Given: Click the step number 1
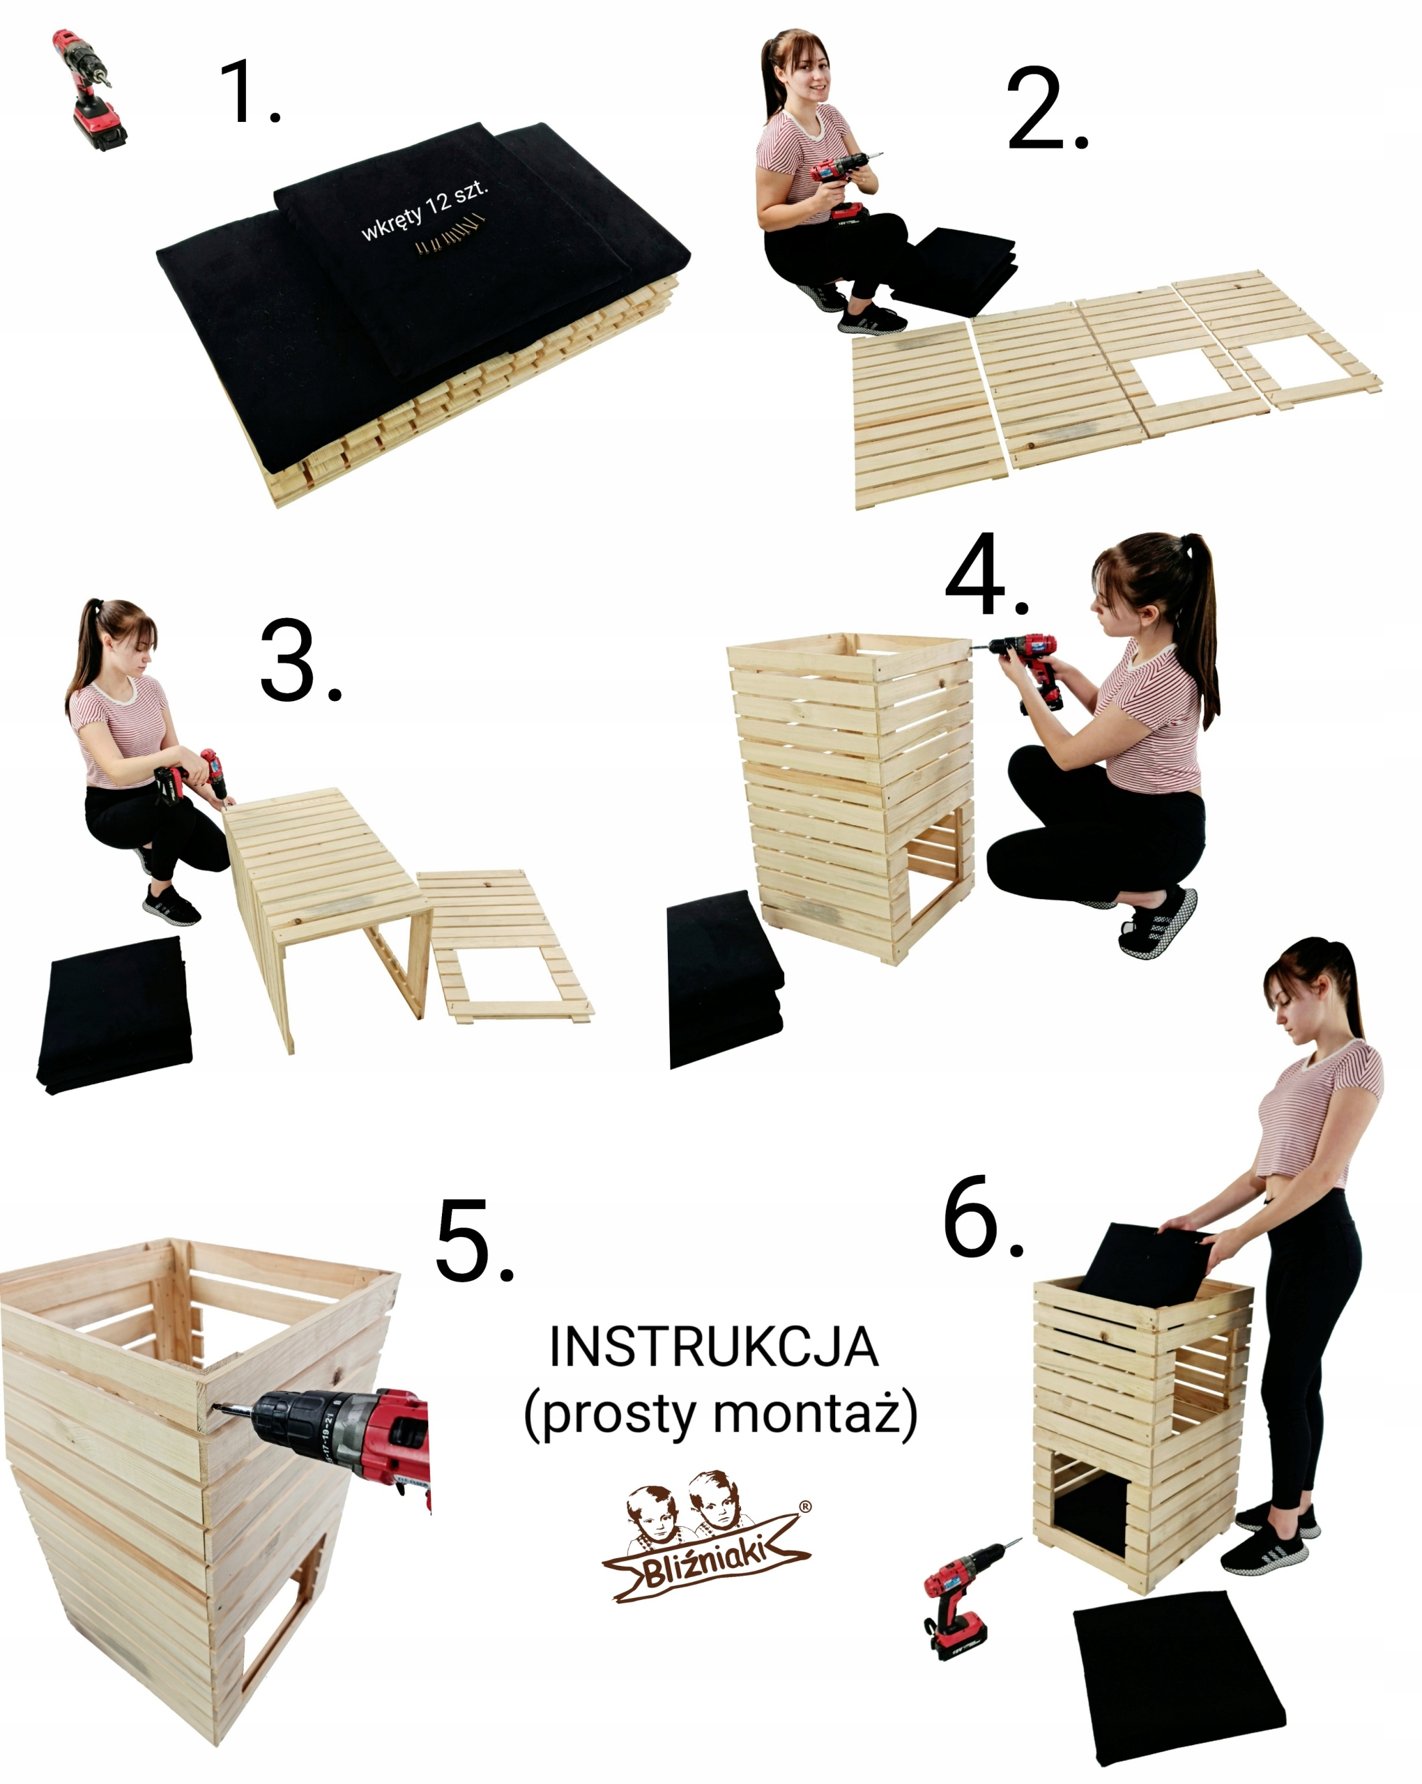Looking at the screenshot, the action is [x=248, y=91].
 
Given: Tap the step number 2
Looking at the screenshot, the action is [x=1047, y=109].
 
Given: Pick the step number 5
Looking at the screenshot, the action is [x=474, y=1241].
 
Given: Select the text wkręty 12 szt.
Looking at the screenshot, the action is [x=425, y=211].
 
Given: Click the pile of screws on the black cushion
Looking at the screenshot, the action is [x=449, y=234].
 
